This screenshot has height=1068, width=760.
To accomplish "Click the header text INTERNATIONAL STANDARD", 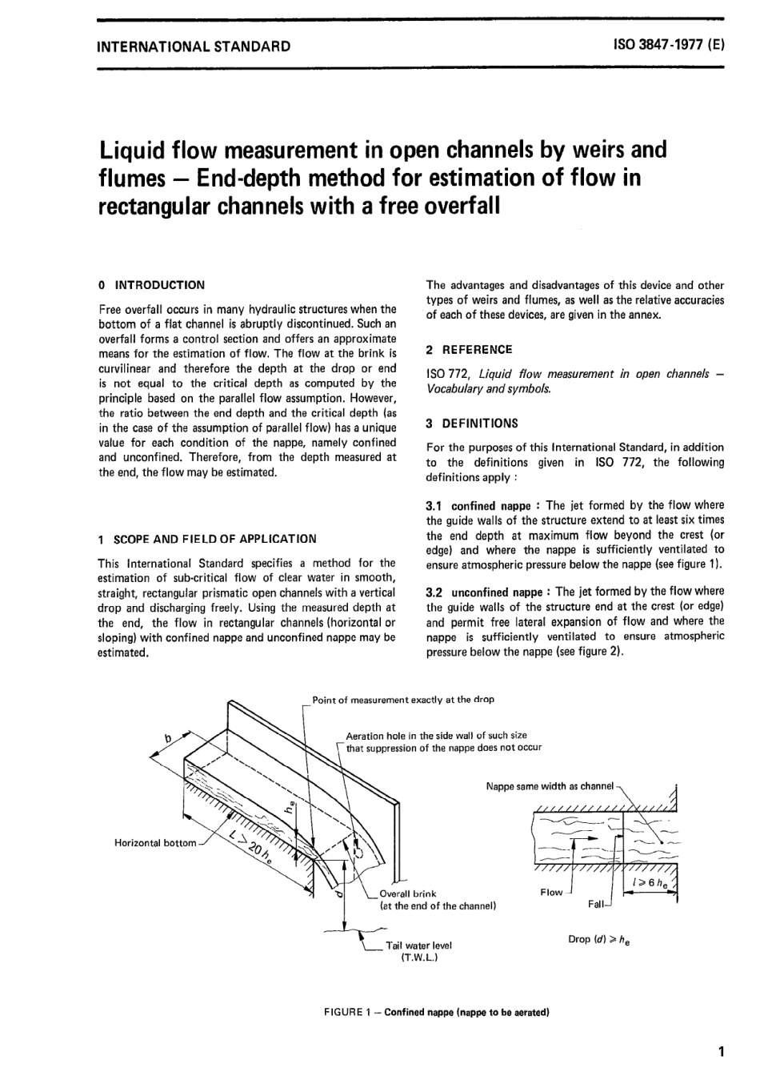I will [x=193, y=46].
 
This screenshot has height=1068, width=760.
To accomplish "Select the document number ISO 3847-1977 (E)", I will [x=669, y=46].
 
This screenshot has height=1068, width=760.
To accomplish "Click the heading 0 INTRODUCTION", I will [x=151, y=285].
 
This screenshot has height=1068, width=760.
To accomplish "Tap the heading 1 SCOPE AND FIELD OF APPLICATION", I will [x=206, y=539].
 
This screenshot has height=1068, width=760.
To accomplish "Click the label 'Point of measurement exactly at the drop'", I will [x=403, y=700].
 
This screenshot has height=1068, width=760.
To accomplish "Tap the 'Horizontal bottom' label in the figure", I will [x=155, y=843].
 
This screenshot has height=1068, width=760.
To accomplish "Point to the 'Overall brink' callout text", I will [x=408, y=893].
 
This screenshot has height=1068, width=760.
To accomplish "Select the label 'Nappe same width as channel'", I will [x=550, y=786].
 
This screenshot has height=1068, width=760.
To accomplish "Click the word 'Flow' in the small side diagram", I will [x=551, y=892].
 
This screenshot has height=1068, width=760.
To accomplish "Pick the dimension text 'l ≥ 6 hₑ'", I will [x=650, y=882].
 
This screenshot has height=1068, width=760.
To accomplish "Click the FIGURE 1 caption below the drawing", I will [x=436, y=1012].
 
